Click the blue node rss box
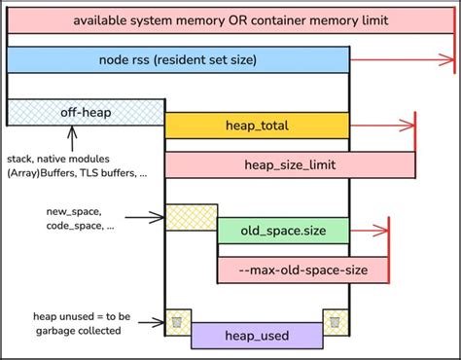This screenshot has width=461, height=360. [178, 60]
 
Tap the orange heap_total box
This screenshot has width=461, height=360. [257, 126]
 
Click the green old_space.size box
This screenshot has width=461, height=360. [282, 231]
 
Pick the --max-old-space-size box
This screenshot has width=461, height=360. [301, 270]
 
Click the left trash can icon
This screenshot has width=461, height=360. [177, 320]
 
